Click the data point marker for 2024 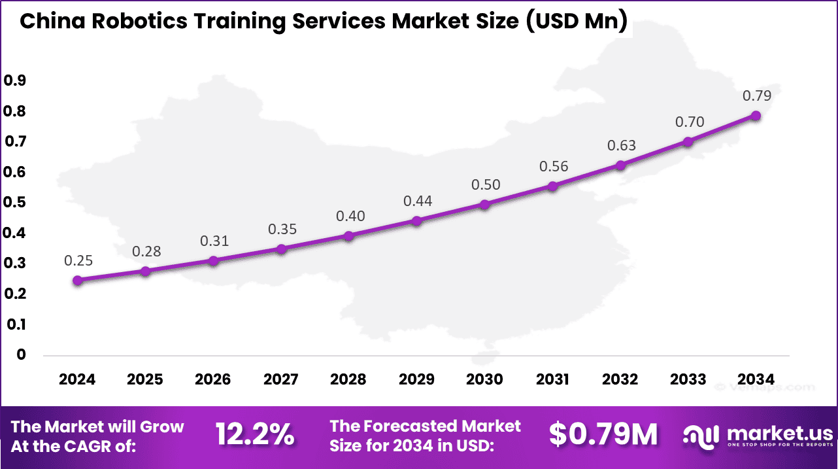(78, 281)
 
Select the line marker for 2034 (756, 116)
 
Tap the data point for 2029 (417, 221)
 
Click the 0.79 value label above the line (757, 96)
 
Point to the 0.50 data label (486, 185)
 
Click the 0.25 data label (78, 261)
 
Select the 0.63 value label (621, 145)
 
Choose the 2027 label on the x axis (281, 379)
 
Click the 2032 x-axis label (620, 379)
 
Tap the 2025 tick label (145, 379)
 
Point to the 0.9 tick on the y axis (15, 80)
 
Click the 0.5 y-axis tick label (15, 203)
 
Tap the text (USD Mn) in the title (575, 22)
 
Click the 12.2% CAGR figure (255, 434)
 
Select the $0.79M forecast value (603, 434)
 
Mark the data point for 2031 (553, 186)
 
